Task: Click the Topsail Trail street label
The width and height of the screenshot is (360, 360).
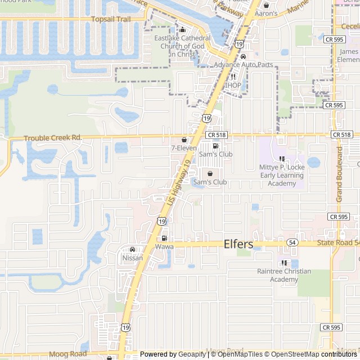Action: click(111, 19)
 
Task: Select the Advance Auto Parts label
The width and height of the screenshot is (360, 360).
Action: click(243, 65)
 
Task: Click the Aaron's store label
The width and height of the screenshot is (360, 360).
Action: click(266, 13)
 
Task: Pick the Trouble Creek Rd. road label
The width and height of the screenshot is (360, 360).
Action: click(53, 137)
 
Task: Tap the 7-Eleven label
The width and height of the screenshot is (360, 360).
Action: click(184, 148)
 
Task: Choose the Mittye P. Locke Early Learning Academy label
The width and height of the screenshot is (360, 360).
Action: click(282, 175)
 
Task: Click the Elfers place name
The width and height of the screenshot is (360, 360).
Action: click(238, 244)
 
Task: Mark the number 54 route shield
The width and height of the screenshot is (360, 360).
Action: click(292, 242)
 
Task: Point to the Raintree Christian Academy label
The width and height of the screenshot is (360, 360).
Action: click(283, 275)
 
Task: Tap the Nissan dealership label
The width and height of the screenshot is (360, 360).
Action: click(132, 258)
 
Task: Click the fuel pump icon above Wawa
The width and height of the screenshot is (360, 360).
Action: click(164, 238)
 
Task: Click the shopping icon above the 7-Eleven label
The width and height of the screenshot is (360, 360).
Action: click(184, 139)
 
